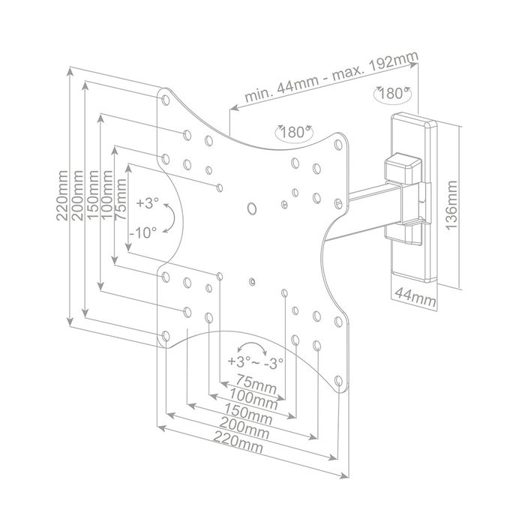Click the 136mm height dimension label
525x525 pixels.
point(451,205)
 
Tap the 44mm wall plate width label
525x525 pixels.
point(415,296)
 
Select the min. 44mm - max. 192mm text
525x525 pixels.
point(331,77)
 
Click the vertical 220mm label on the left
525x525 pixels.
point(62,195)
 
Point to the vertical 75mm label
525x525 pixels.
point(120,199)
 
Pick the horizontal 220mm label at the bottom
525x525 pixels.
point(238,442)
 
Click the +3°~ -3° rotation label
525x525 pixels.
point(256,362)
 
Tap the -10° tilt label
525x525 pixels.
point(143,232)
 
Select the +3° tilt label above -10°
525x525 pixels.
point(147,203)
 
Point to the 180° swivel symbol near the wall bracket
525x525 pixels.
point(392,94)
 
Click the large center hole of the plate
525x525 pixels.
point(251,208)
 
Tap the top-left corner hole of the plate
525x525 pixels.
point(166,100)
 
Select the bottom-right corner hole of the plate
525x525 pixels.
point(338,381)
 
